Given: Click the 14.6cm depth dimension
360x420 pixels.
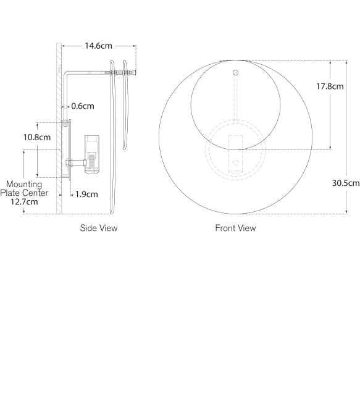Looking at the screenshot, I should (98, 46).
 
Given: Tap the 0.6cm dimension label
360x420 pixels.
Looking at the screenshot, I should (83, 106).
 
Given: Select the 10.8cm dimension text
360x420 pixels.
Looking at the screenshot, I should (37, 137).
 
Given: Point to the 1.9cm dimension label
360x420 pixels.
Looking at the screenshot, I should (86, 195).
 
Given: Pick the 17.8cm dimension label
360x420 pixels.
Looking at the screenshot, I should (330, 86).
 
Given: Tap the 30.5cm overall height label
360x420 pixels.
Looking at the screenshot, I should (345, 183).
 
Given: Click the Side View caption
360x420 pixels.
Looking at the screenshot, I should (98, 228).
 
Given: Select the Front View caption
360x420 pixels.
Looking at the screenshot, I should (235, 228).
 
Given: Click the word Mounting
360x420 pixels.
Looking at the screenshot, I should (24, 184).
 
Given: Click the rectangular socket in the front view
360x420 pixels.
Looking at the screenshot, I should (235, 153).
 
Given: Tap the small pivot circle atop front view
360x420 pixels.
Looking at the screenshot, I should (235, 73).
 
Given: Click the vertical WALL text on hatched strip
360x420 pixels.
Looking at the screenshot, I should (60, 68).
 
